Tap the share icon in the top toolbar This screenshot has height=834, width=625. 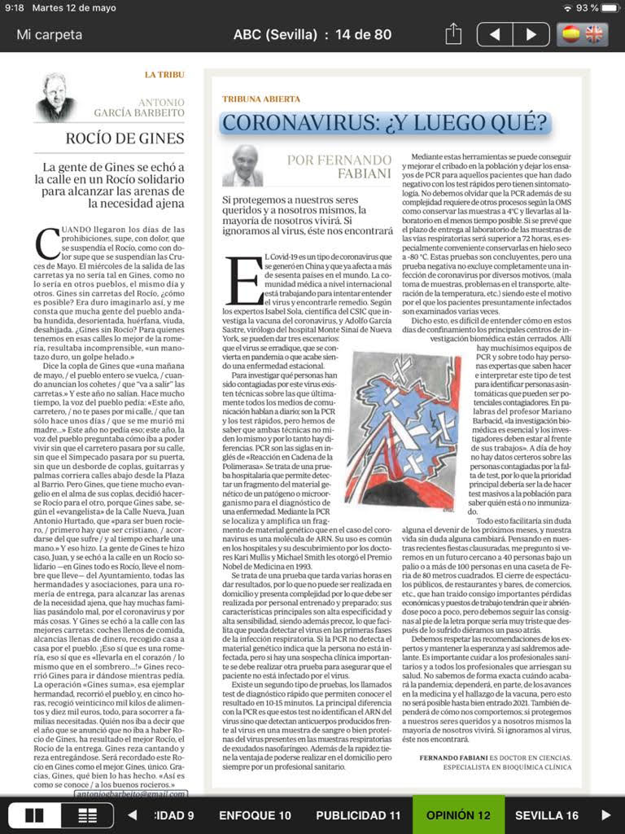pos(453,34)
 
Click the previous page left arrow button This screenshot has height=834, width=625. pos(495,34)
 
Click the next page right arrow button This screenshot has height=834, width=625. pos(531,34)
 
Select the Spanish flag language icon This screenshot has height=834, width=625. pos(571,34)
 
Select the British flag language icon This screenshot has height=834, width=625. pos(595,34)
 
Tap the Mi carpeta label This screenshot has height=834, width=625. pos(50,35)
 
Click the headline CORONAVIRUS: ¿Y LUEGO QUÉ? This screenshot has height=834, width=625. pos(386,123)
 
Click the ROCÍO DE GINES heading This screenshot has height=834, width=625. pos(125,138)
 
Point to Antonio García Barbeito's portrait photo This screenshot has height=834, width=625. pos(56,97)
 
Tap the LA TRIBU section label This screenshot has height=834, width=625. pos(164,75)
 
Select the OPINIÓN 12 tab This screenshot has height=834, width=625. pos(459,815)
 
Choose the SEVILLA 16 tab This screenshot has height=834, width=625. pos(547,815)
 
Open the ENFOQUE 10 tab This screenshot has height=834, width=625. pos(255,815)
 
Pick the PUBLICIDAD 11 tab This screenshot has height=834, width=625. pos(358,815)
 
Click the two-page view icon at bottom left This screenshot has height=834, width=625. pos(35,815)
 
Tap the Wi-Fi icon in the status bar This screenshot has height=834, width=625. pos(567,8)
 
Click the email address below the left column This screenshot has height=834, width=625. pos(131,793)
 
